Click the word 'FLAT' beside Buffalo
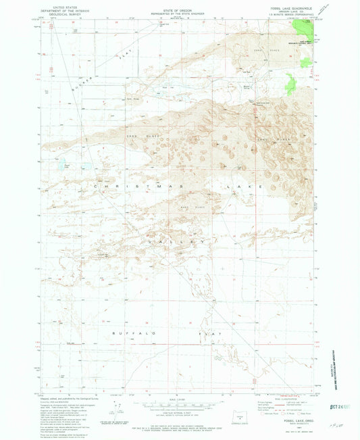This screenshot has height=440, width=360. coord(205,334)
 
